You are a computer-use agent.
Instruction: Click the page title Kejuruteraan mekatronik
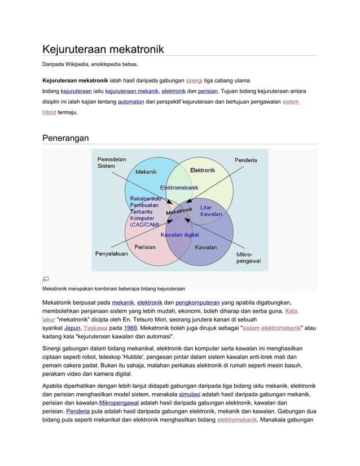pos(103,49)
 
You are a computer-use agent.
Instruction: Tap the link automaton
pos(131,102)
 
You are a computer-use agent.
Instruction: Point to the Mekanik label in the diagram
pos(146,171)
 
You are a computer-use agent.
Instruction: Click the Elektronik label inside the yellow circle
pos(202,170)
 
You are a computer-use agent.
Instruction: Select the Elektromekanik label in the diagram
pos(178,187)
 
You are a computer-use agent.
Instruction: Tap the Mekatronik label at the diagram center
pos(179,211)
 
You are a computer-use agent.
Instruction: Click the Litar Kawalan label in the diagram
pos(211,211)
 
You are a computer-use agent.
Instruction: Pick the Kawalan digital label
pos(179,235)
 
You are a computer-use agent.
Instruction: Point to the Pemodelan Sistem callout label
pos(111,162)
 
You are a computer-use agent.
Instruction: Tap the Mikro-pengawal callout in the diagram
pos(248,258)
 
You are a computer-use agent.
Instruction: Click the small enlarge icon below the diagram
pos(46,279)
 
